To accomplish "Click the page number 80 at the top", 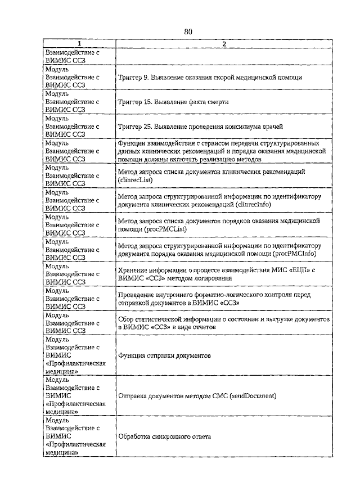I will [x=188, y=32].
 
